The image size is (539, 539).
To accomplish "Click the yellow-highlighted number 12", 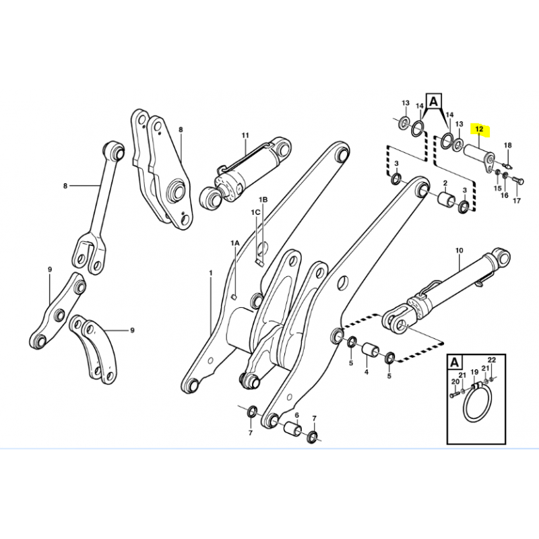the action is [x=479, y=129].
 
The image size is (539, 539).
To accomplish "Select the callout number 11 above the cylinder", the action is [x=245, y=135].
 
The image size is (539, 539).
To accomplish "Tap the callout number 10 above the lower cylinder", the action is [x=459, y=251].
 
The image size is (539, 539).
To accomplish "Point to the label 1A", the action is [x=234, y=243].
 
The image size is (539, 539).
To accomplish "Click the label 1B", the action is [x=263, y=199].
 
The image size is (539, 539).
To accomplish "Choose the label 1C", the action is [x=255, y=212].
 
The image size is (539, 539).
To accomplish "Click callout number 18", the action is [x=508, y=146].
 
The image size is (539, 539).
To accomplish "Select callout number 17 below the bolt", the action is [x=517, y=200].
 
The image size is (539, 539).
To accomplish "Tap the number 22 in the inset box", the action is [x=492, y=360].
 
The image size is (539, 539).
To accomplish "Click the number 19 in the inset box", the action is [x=474, y=372].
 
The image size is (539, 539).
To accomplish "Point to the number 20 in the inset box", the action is [x=455, y=381].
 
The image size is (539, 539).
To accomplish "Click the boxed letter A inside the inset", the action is [x=454, y=362].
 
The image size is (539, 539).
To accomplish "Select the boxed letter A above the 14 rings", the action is [x=434, y=101].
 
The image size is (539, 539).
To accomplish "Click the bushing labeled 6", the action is [x=293, y=428].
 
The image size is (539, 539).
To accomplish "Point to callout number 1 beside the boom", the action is [x=211, y=273].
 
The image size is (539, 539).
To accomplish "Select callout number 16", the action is [x=504, y=195].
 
